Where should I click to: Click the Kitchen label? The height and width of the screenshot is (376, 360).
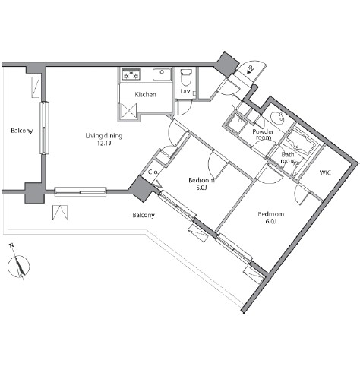pyautogui.click(x=145, y=95)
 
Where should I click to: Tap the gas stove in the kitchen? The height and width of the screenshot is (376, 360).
pyautogui.click(x=131, y=74)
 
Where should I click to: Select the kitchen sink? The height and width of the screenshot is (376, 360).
pyautogui.click(x=162, y=74)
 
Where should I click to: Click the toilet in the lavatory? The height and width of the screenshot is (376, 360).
pyautogui.click(x=186, y=77)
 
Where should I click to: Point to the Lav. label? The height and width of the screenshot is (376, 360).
pyautogui.click(x=185, y=91)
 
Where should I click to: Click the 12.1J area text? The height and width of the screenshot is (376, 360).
pyautogui.click(x=104, y=144)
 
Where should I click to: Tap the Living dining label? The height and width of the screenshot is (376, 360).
pyautogui.click(x=104, y=136)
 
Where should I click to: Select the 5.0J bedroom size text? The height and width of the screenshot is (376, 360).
pyautogui.click(x=201, y=188)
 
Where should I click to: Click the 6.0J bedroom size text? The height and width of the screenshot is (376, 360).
pyautogui.click(x=270, y=221)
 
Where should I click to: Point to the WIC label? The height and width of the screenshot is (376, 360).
pyautogui.click(x=325, y=172)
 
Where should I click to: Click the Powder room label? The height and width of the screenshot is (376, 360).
pyautogui.click(x=264, y=134)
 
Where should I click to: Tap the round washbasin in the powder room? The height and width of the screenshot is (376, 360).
pyautogui.click(x=277, y=117)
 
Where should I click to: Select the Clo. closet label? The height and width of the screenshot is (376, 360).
pyautogui.click(x=153, y=172)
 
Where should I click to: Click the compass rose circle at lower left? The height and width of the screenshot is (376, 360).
pyautogui.click(x=18, y=267)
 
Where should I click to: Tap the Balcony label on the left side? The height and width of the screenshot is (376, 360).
pyautogui.click(x=22, y=131)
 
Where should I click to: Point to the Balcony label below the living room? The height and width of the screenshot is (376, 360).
pyautogui.click(x=144, y=215)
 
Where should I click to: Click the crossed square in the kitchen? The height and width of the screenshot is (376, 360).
pyautogui.click(x=129, y=110)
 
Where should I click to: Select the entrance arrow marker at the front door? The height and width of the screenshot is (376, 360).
pyautogui.click(x=251, y=68)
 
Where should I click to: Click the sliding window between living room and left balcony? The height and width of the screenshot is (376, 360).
pyautogui.click(x=44, y=128)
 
